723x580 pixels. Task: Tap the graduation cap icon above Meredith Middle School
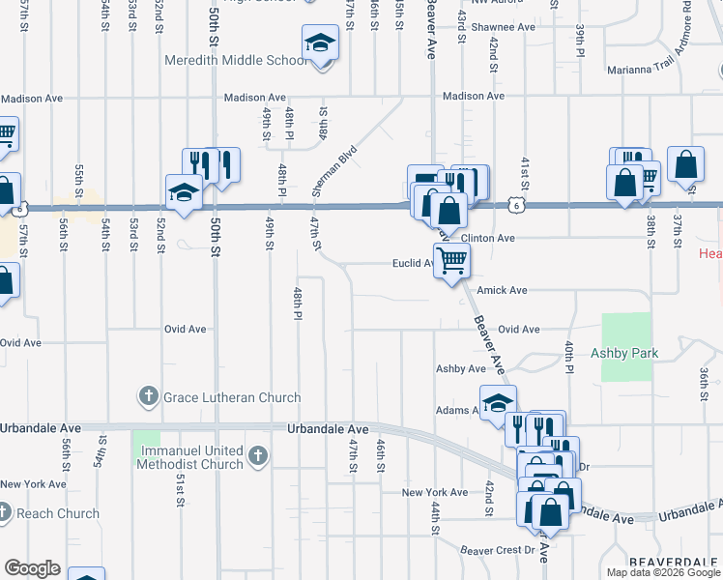point(320,43)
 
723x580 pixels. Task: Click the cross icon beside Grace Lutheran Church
point(149,395)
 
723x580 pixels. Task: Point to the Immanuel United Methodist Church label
point(192,457)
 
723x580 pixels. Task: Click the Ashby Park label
point(624,354)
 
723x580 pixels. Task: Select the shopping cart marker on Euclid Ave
point(451,260)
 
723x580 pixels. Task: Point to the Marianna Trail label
point(641,70)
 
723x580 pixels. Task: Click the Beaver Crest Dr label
point(498,550)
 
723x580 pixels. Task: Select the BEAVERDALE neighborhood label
point(673,562)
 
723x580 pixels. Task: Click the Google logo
point(32,568)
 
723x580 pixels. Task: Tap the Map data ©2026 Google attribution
point(662,572)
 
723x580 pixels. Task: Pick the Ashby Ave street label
point(460,369)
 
